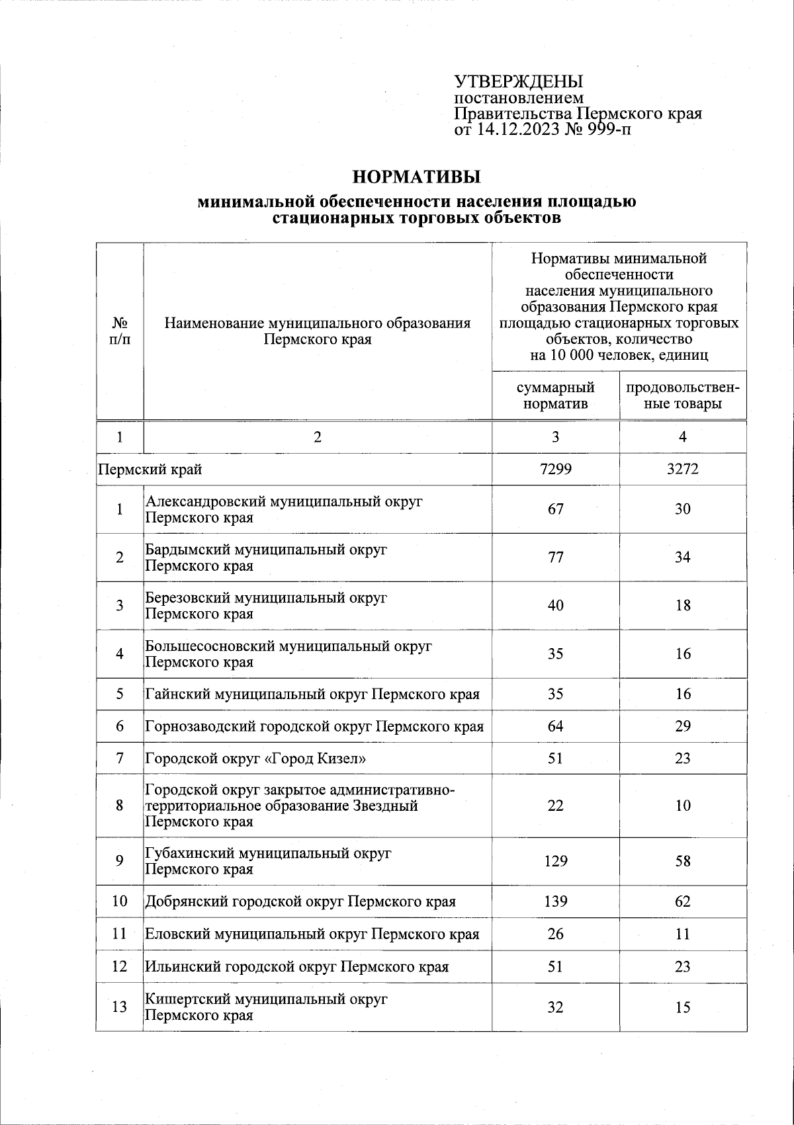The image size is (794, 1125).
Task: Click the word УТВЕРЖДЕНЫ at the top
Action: pyautogui.click(x=518, y=82)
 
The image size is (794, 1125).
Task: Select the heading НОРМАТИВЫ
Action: pyautogui.click(x=416, y=177)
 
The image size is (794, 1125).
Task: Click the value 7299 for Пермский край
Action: pyautogui.click(x=555, y=470)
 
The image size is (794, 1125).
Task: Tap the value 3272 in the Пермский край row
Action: pyautogui.click(x=683, y=470)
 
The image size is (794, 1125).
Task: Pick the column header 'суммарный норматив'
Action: pyautogui.click(x=555, y=396)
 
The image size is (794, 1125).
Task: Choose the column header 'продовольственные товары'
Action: pyautogui.click(x=683, y=396)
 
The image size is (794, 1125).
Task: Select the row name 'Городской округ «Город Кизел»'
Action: pyautogui.click(x=255, y=759)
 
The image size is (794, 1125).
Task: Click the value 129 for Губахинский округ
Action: pyautogui.click(x=555, y=861)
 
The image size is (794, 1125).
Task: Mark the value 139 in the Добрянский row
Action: pyautogui.click(x=555, y=901)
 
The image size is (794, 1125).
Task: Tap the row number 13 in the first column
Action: pyautogui.click(x=120, y=1007)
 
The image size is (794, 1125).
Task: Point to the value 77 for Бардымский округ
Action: pyautogui.click(x=555, y=558)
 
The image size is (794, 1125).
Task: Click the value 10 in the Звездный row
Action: pyautogui.click(x=683, y=806)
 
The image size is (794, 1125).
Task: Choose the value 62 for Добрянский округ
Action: pyautogui.click(x=683, y=901)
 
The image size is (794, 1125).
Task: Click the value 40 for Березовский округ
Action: pyautogui.click(x=555, y=606)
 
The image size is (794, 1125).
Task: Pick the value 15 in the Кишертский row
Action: pyautogui.click(x=683, y=1007)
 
